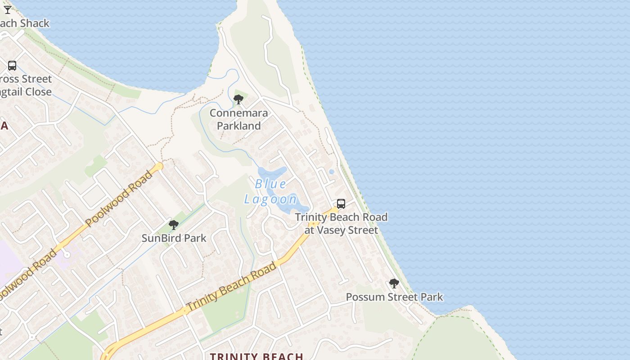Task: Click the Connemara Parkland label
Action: pyautogui.click(x=238, y=119)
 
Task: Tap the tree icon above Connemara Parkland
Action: pyautogui.click(x=238, y=99)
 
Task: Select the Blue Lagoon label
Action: pyautogui.click(x=271, y=191)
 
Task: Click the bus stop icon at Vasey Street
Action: pyautogui.click(x=341, y=204)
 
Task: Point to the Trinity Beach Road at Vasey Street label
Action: pyautogui.click(x=341, y=224)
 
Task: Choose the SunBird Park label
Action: pyautogui.click(x=174, y=238)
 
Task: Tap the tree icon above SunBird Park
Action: pyautogui.click(x=174, y=225)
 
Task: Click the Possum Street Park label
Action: pyautogui.click(x=394, y=297)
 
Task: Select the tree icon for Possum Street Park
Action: pyautogui.click(x=394, y=283)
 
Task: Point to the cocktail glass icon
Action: pyautogui.click(x=8, y=9)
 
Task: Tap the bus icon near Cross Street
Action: pyautogui.click(x=12, y=66)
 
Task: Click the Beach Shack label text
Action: pyautogui.click(x=24, y=23)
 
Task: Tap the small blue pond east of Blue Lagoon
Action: pyautogui.click(x=332, y=171)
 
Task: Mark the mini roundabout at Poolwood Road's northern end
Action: pyautogui.click(x=159, y=166)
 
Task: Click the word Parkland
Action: pyautogui.click(x=238, y=126)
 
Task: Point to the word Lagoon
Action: pyautogui.click(x=271, y=199)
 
